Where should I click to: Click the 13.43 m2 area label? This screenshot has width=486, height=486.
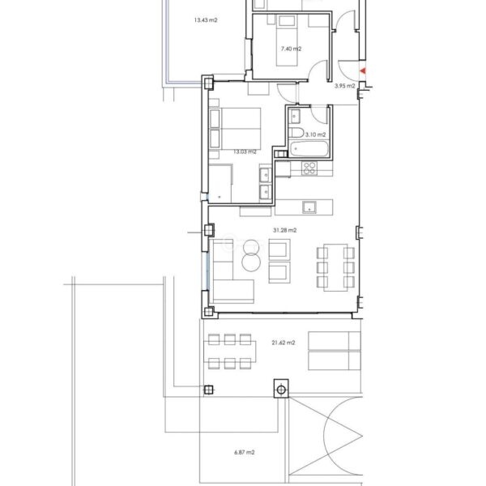(x=206, y=20)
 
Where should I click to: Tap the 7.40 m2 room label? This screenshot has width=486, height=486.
(x=291, y=49)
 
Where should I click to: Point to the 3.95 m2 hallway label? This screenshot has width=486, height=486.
(x=345, y=86)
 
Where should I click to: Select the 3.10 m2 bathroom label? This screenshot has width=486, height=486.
(x=316, y=134)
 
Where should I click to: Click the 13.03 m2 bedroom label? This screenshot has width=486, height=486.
(x=245, y=151)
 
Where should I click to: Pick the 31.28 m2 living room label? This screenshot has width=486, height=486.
(x=284, y=230)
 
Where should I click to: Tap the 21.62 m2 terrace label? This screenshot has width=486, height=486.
(x=283, y=343)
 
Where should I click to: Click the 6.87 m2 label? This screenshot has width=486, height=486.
(x=245, y=452)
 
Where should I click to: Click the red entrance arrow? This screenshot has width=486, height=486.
(x=363, y=71)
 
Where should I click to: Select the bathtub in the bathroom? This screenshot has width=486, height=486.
(x=309, y=149)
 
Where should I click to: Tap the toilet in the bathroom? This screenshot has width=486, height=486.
(x=296, y=133)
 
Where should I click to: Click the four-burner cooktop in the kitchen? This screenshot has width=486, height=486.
(x=309, y=168)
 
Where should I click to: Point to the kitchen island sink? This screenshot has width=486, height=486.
(x=309, y=207)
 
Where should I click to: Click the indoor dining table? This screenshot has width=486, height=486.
(x=335, y=267)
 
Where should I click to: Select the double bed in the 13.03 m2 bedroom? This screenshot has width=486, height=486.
(x=235, y=128)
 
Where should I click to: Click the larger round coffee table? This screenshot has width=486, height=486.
(x=251, y=262)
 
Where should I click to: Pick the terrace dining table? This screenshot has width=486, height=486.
(x=230, y=352)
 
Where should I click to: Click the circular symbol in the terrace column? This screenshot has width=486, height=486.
(x=281, y=390)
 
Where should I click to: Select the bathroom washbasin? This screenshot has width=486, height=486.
(x=295, y=116)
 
